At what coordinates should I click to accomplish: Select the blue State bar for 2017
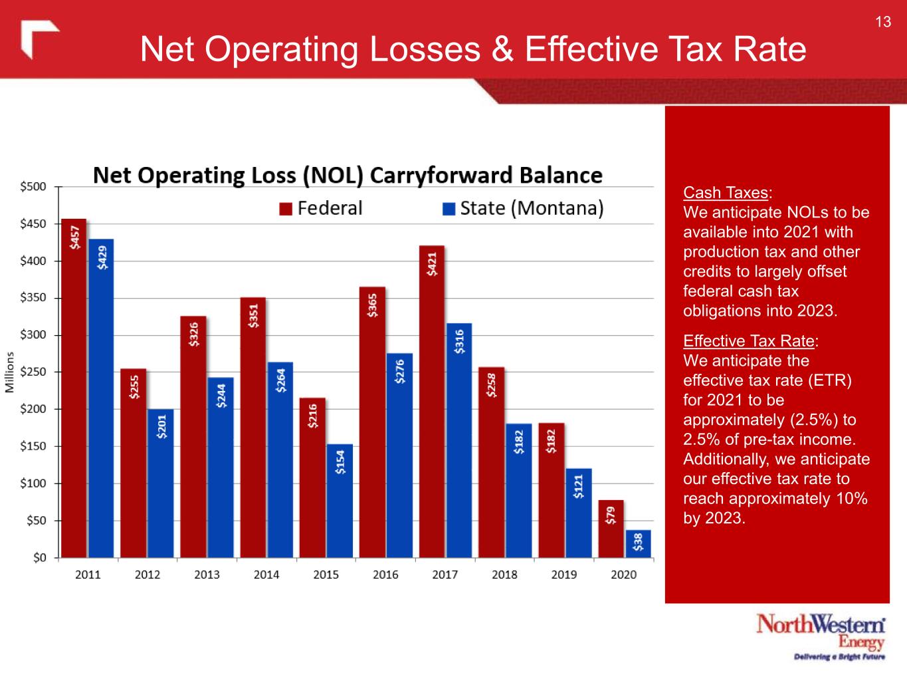(x=459, y=440)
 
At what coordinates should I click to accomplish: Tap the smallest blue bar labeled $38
(x=638, y=543)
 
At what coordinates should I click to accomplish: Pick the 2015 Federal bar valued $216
(x=312, y=477)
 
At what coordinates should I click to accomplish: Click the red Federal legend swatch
(x=286, y=209)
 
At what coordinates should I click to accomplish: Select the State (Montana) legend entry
(x=524, y=209)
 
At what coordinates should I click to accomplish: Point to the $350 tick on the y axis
(x=33, y=298)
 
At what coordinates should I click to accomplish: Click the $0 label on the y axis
(x=40, y=558)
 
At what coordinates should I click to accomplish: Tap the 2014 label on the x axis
(x=266, y=575)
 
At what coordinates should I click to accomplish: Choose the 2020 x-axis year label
(x=623, y=575)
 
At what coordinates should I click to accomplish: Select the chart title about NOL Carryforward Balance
(x=348, y=176)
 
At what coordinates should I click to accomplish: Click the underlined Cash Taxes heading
(x=726, y=193)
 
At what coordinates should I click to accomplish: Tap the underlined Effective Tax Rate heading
(x=749, y=341)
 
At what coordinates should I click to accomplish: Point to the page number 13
(x=882, y=23)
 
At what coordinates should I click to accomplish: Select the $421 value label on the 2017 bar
(x=432, y=263)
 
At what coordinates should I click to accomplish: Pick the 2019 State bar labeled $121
(x=578, y=513)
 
